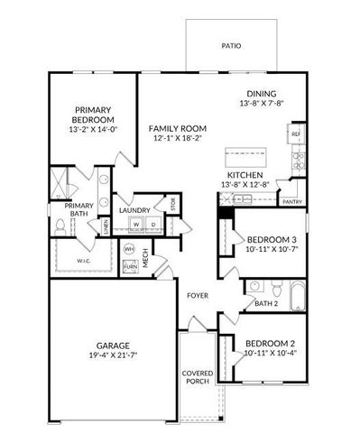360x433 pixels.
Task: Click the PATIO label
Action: [231, 45]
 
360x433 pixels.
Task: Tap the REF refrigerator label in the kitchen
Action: [296, 134]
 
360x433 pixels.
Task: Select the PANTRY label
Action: [291, 202]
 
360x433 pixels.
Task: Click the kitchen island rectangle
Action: [246, 149]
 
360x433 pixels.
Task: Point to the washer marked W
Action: [137, 225]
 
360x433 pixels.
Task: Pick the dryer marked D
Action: [154, 225]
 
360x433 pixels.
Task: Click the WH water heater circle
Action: [129, 249]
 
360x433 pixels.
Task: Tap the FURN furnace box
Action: [130, 267]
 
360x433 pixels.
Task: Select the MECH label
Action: [145, 262]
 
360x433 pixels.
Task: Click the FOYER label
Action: [198, 296]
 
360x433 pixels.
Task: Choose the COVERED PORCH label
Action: [197, 377]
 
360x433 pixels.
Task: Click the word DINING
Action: [262, 94]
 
